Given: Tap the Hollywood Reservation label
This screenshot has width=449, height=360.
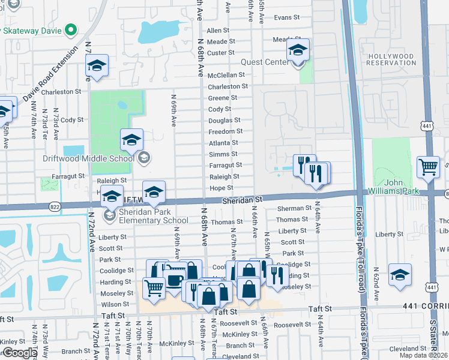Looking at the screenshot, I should click(391, 59).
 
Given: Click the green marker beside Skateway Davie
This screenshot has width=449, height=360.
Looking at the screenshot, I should click(71, 29).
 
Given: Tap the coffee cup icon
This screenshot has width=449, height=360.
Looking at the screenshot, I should click(175, 280).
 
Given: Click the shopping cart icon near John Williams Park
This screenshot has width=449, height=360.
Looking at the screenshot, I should click(428, 166).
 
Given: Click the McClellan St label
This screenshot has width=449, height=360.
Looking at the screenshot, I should click(226, 75).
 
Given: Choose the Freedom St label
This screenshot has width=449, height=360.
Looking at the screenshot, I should click(226, 131).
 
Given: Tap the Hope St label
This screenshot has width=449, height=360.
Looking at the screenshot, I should click(221, 188).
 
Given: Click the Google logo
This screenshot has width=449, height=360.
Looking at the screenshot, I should click(20, 353).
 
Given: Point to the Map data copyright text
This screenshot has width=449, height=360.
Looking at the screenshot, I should click(424, 355).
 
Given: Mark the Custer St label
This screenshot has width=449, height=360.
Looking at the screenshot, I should click(220, 53).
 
